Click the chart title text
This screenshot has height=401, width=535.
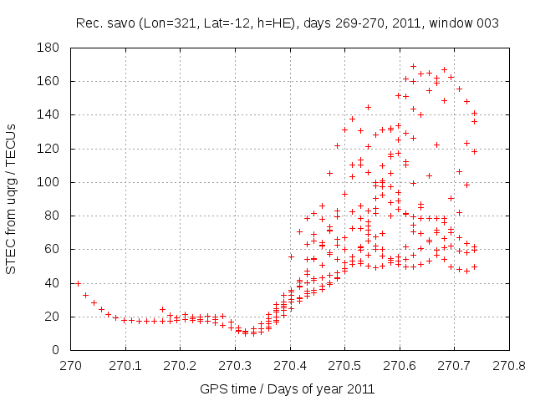pos(287,23)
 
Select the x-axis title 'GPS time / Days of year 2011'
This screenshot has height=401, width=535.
pos(287,389)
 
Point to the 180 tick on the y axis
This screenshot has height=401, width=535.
pos(51,48)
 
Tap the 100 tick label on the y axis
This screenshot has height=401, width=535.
pos(51,182)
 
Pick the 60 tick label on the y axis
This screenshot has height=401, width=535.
pos(54,249)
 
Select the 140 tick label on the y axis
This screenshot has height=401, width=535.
pos(51,114)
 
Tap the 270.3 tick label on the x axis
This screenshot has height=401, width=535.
pos(235,366)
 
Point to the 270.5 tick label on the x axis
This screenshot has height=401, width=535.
pos(344,366)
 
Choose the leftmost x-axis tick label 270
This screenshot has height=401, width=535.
pos(70,366)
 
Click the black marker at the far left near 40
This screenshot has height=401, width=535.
pos(78,283)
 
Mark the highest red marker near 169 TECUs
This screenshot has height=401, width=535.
pos(413,66)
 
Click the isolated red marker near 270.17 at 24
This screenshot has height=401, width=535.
pos(163,309)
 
